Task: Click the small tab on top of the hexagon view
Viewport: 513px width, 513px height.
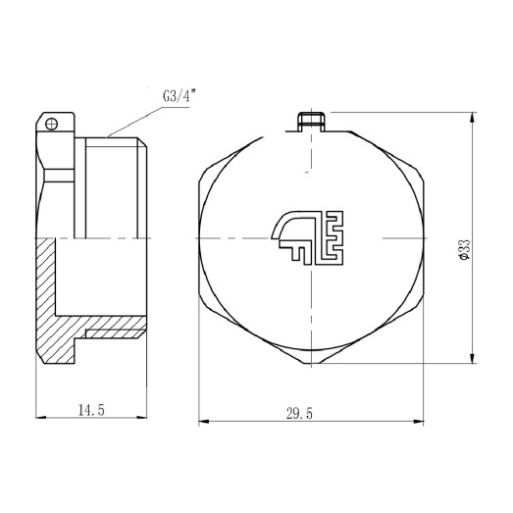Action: [312, 121]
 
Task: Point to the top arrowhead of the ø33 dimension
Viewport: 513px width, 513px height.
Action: [476, 119]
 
